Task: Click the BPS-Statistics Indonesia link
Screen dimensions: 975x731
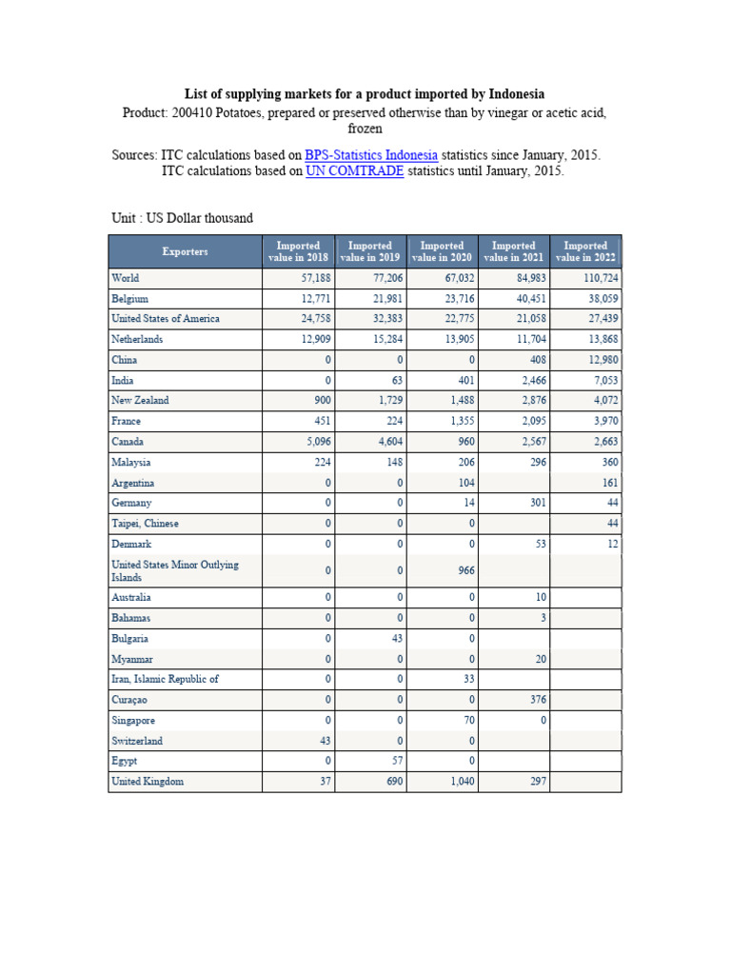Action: (371, 155)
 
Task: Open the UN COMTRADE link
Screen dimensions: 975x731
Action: (354, 172)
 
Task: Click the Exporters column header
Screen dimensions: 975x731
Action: (185, 251)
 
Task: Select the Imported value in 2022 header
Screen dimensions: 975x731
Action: (585, 251)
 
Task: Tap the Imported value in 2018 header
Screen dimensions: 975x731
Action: (298, 251)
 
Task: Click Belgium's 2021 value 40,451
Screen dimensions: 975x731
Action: (527, 299)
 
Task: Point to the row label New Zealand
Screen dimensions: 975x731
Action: (140, 401)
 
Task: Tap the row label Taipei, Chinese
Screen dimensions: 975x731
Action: (145, 524)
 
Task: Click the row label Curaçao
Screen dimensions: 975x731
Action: (129, 700)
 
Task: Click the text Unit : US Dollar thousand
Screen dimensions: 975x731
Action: (182, 218)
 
